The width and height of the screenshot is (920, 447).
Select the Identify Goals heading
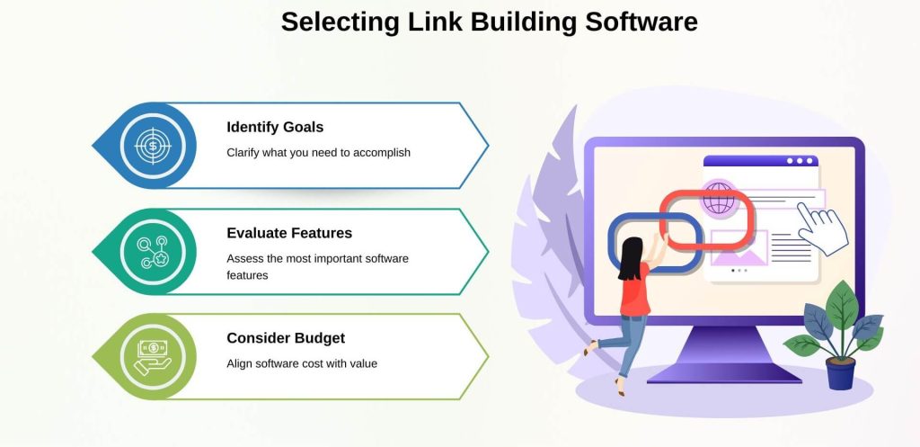pos(275,127)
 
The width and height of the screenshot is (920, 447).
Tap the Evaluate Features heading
pos(289,233)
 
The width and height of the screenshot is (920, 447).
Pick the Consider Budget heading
pos(286,338)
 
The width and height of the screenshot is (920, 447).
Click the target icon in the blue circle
pos(153,146)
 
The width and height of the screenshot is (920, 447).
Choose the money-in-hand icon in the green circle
pos(153,357)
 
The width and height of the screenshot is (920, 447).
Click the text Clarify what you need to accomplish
pos(318,153)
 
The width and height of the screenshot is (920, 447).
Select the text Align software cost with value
pos(302,364)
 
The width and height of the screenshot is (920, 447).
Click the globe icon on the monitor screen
pos(719,198)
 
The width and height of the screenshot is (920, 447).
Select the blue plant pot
pos(840,371)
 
